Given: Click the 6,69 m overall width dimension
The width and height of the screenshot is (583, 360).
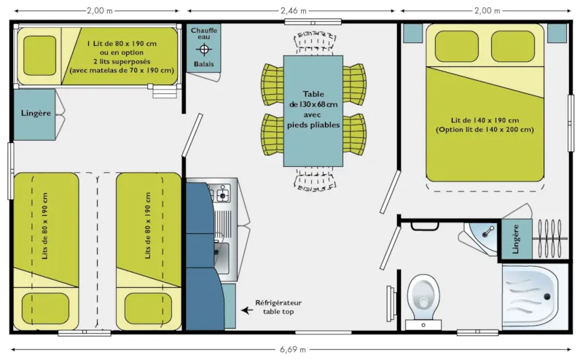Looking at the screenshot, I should pyautogui.click(x=291, y=349).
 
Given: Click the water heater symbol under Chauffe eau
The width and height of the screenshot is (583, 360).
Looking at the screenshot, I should pyautogui.click(x=203, y=50).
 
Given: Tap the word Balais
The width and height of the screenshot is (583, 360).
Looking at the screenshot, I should pyautogui.click(x=203, y=65).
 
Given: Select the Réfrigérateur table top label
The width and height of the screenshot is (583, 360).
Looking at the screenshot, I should pyautogui.click(x=278, y=306).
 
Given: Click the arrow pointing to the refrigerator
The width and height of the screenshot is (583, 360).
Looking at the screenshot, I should pyautogui.click(x=248, y=310).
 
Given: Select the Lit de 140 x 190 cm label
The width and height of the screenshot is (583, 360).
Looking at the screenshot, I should pyautogui.click(x=485, y=125).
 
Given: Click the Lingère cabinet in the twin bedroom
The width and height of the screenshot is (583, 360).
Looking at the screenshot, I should pyautogui.click(x=34, y=114).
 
